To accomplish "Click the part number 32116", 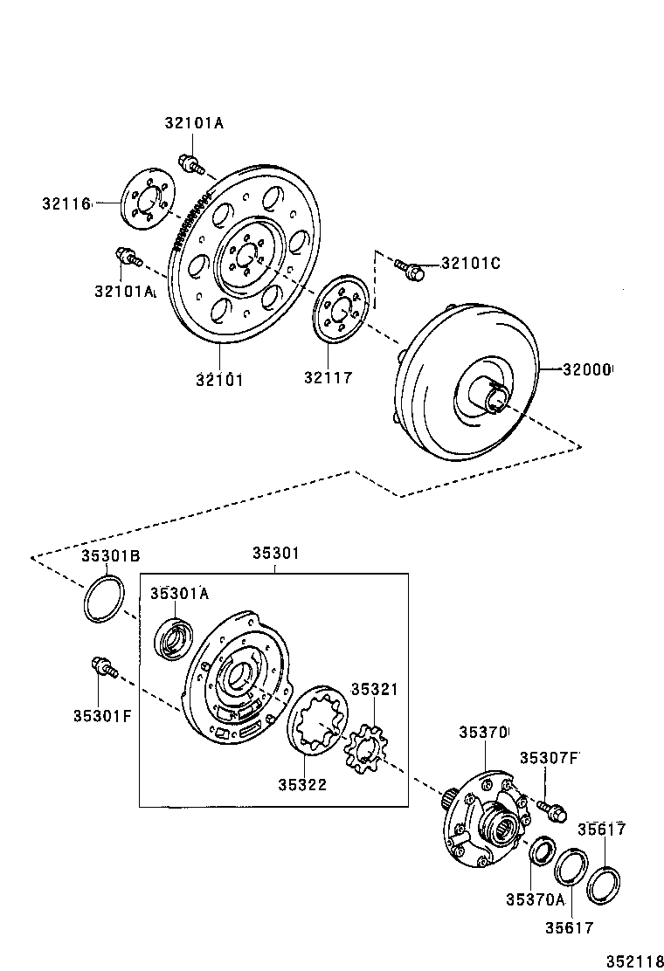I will pyautogui.click(x=66, y=203).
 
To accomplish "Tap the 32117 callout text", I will pyautogui.click(x=328, y=377).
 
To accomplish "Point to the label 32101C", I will pyautogui.click(x=470, y=263).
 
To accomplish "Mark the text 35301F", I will pyautogui.click(x=102, y=716).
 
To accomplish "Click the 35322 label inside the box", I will pyautogui.click(x=302, y=784).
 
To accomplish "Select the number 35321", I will pyautogui.click(x=374, y=689).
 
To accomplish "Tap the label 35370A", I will pyautogui.click(x=535, y=899).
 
